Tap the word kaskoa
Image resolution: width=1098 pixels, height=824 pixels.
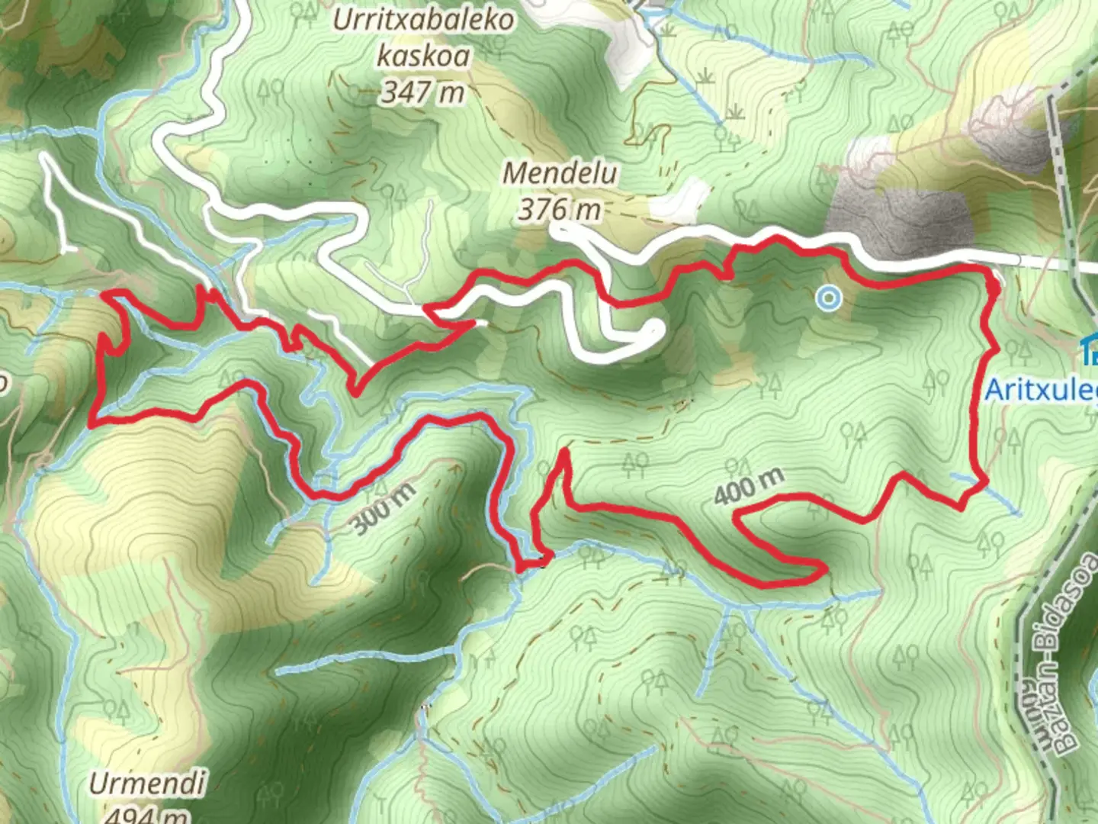pos(423,56)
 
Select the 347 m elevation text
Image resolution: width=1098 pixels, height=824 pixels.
pos(423,92)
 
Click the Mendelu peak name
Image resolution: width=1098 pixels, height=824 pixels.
pos(560,173)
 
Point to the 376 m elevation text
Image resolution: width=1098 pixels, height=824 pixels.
pos(559,208)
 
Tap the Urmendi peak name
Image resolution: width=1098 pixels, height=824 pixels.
pos(147,784)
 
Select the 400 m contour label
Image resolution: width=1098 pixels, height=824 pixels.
pos(748,487)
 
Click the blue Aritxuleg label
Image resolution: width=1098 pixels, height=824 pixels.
pos(1041,390)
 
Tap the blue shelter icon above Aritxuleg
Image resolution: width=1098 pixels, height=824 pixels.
pos(1089,352)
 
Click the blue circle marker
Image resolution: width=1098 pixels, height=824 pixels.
pos(829,298)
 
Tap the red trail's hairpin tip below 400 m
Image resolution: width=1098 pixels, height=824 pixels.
pos(822,568)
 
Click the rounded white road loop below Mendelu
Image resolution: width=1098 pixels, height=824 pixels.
pos(654,330)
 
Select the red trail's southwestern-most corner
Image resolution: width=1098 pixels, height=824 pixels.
pos(92,423)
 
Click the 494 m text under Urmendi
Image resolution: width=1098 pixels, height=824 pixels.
pos(145,815)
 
